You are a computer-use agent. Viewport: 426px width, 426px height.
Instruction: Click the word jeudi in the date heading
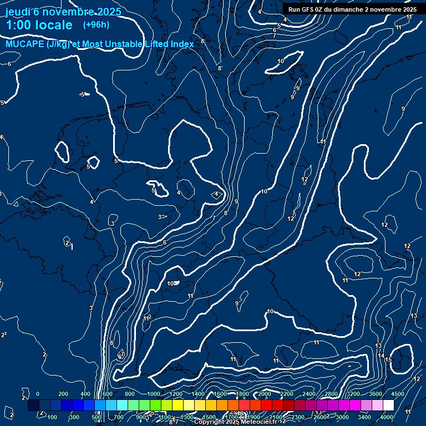(x=18, y=12)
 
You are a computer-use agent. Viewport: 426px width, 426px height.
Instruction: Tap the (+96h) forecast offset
(x=96, y=25)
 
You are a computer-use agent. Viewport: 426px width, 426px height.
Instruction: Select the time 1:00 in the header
(x=17, y=26)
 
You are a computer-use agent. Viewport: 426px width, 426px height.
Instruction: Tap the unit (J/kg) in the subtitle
(x=59, y=44)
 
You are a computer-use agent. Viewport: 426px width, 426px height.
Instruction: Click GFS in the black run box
(x=308, y=9)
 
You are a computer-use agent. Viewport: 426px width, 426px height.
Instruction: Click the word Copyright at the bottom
(x=209, y=422)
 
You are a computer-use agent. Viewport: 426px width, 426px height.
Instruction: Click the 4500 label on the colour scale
(x=398, y=394)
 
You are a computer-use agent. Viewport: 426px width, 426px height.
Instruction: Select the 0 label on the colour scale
(x=38, y=394)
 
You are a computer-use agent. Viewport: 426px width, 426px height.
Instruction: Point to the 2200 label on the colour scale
(x=287, y=394)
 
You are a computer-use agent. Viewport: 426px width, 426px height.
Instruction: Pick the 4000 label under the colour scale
(x=387, y=417)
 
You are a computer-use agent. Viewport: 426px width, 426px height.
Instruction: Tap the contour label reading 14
(x=381, y=356)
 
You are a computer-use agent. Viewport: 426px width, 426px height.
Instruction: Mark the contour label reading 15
(x=388, y=360)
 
